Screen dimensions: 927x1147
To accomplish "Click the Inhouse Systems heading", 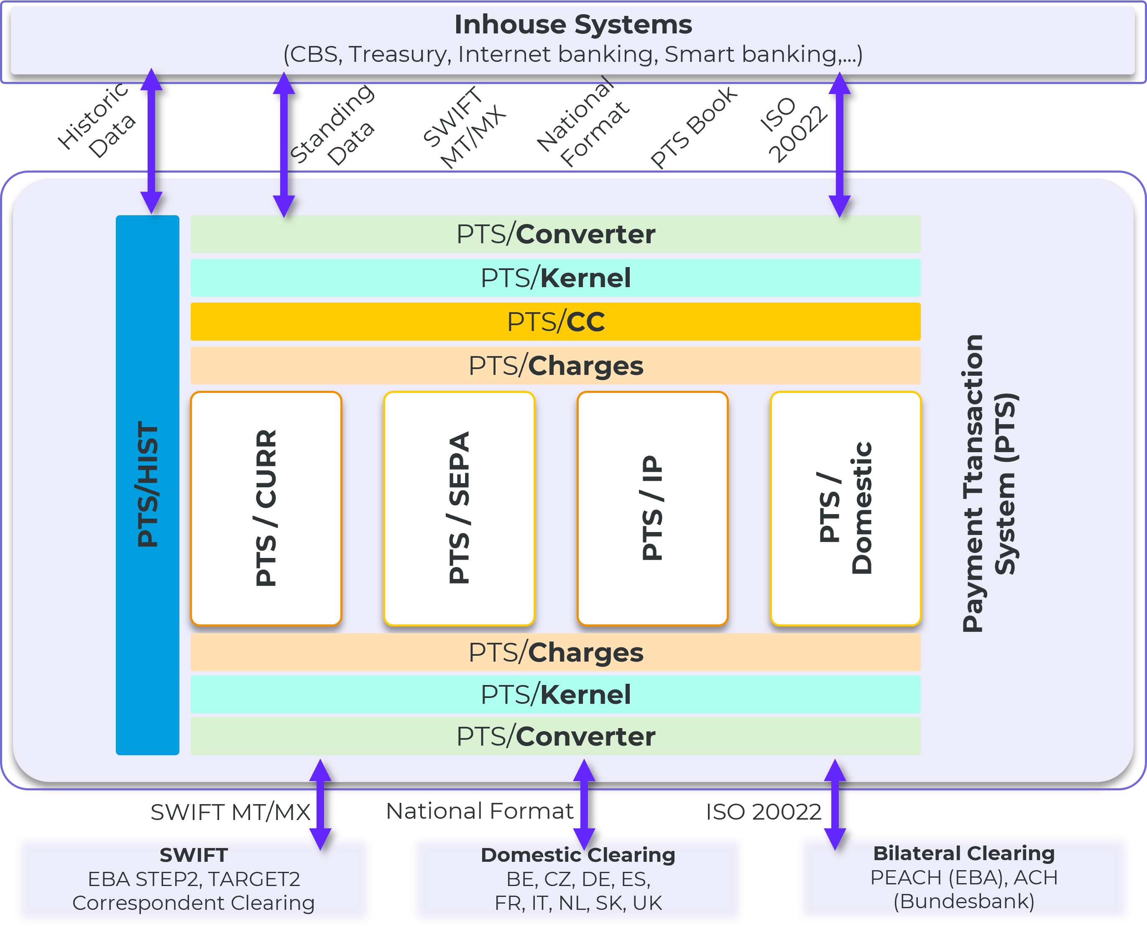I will coord(573,25).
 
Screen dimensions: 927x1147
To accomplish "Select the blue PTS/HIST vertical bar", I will coord(148,484).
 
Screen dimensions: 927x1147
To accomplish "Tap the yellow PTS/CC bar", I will coord(556,321).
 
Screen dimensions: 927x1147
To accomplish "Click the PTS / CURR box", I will coord(266,508).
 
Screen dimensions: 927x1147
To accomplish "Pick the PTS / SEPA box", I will coord(459,508).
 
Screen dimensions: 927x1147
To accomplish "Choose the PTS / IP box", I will coord(652,508).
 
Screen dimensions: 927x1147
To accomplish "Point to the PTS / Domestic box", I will coord(845,508).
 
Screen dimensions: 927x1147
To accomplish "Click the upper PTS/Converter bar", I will coord(556,234).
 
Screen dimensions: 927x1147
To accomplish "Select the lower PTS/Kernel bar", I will coord(556,694).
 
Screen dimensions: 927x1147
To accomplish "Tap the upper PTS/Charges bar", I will coord(556,366).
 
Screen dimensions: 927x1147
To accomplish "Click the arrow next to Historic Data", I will coord(152,142).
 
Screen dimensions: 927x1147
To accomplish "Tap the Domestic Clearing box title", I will coord(578,855).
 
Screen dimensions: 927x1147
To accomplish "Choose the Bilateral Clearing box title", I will coord(963,853).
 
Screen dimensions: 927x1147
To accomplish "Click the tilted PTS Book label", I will coord(693,128).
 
